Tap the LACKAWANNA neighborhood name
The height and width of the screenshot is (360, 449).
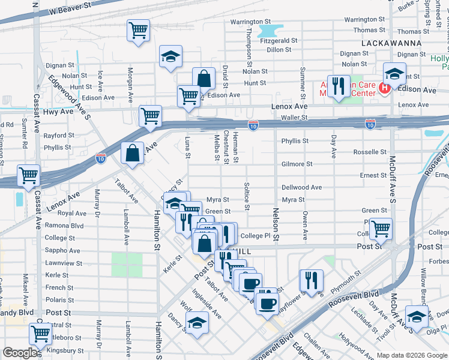click(393, 44)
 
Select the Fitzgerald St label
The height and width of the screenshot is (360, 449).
click(279, 41)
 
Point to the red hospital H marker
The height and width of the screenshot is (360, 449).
click(385, 89)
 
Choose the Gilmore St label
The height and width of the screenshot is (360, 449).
click(297, 164)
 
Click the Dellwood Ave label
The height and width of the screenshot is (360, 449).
click(302, 187)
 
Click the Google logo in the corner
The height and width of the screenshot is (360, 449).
click(20, 353)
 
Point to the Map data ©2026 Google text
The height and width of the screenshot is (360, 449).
click(412, 355)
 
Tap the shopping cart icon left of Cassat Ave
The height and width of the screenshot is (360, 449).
click(28, 176)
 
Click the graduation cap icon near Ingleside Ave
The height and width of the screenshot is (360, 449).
click(197, 323)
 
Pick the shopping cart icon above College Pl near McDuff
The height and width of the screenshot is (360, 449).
click(381, 228)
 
